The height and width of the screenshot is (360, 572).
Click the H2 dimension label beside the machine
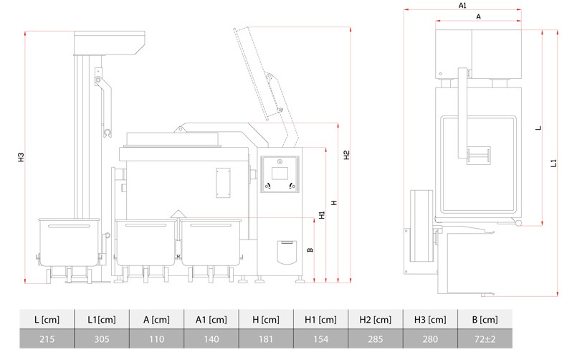[346, 155]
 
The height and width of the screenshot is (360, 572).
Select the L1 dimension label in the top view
[553, 164]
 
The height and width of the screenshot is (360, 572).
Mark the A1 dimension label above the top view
[462, 5]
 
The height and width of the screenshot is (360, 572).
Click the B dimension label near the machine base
[310, 250]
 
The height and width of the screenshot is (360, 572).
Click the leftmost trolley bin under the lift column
[70, 242]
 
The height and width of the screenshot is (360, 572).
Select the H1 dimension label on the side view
[322, 214]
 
